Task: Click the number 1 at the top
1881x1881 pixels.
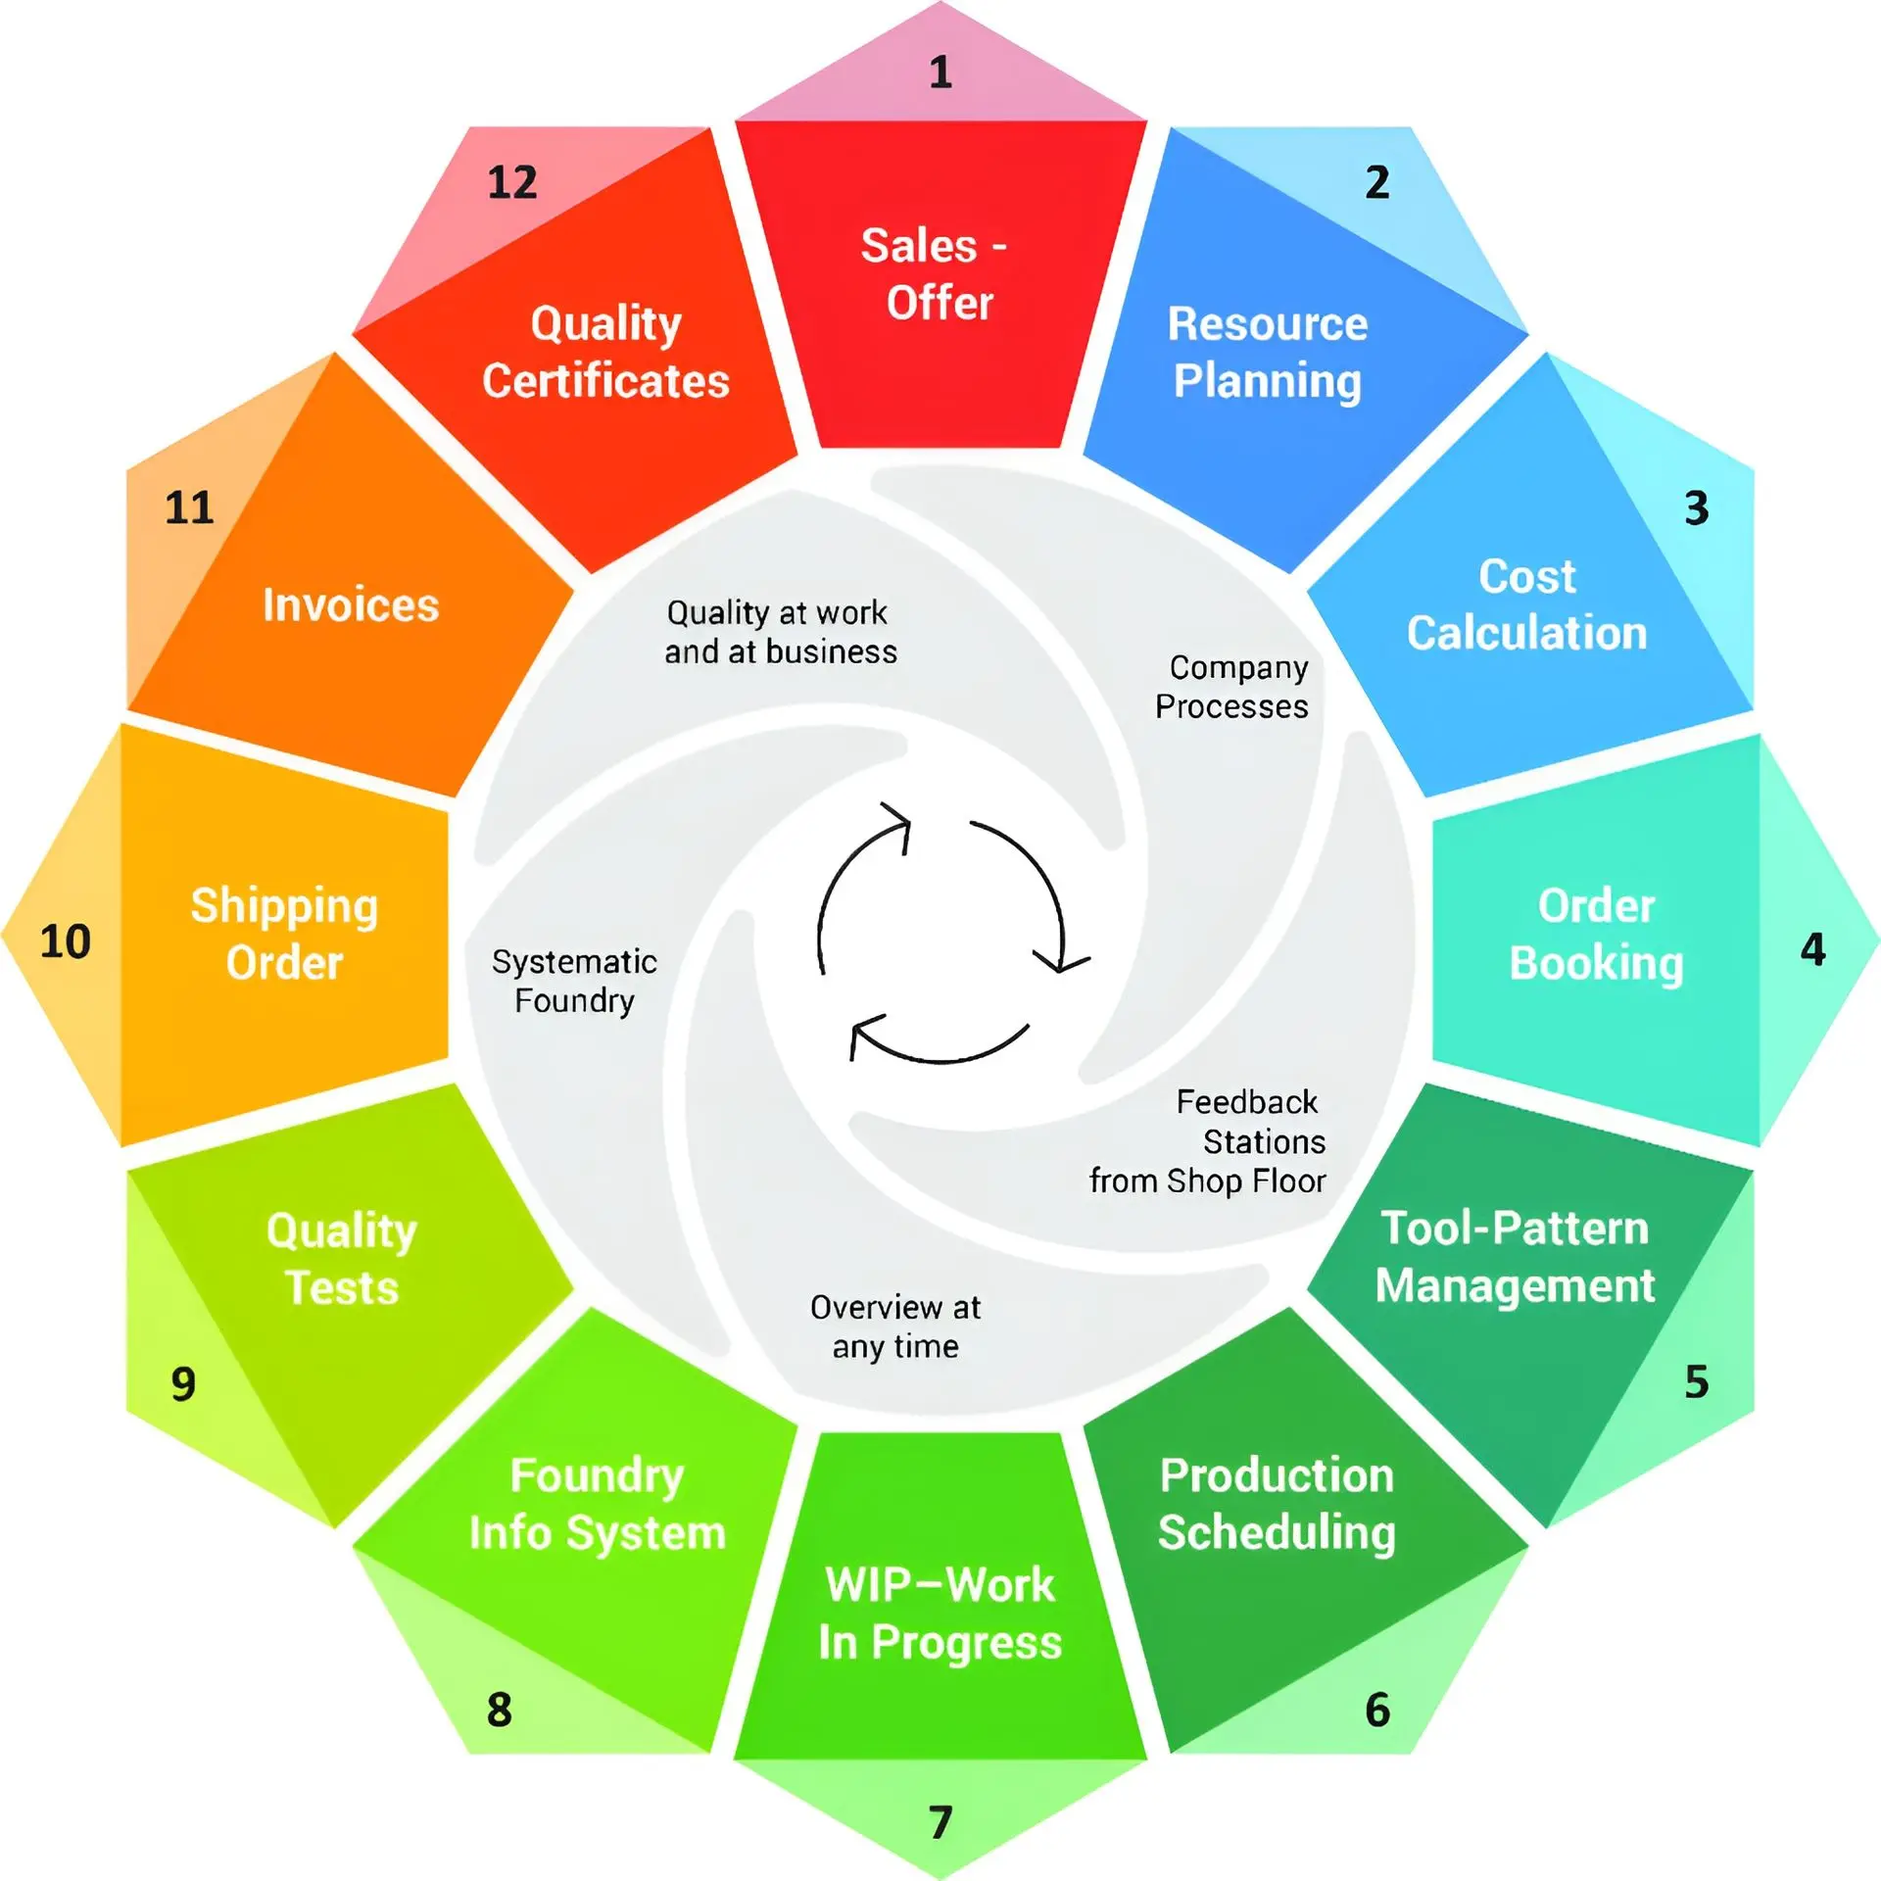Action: [x=940, y=72]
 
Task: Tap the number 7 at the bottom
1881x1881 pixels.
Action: [x=940, y=1822]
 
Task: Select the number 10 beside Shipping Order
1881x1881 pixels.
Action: [x=66, y=941]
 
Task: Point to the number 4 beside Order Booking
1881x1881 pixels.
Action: [x=1813, y=949]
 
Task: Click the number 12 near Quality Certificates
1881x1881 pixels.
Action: [x=512, y=182]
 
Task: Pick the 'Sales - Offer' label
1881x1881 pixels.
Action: [x=936, y=273]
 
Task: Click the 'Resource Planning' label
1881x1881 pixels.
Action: [x=1268, y=353]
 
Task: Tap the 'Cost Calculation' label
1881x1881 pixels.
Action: [x=1527, y=604]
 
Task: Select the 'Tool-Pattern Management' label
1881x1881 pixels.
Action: [x=1516, y=1257]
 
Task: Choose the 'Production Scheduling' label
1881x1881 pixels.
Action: [x=1277, y=1505]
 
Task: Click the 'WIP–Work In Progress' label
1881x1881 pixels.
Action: [x=940, y=1614]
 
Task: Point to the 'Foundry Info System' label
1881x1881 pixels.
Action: [x=598, y=1505]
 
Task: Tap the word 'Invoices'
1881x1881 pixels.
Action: [x=351, y=604]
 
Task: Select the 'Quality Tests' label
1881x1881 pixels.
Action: [x=342, y=1259]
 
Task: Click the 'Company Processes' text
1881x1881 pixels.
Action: [x=1232, y=687]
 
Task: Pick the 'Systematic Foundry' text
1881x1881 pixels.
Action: [x=574, y=981]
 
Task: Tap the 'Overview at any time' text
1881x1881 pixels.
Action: [x=895, y=1326]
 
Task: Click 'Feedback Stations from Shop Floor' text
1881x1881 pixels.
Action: [x=1208, y=1141]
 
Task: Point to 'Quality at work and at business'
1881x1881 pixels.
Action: [x=781, y=632]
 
